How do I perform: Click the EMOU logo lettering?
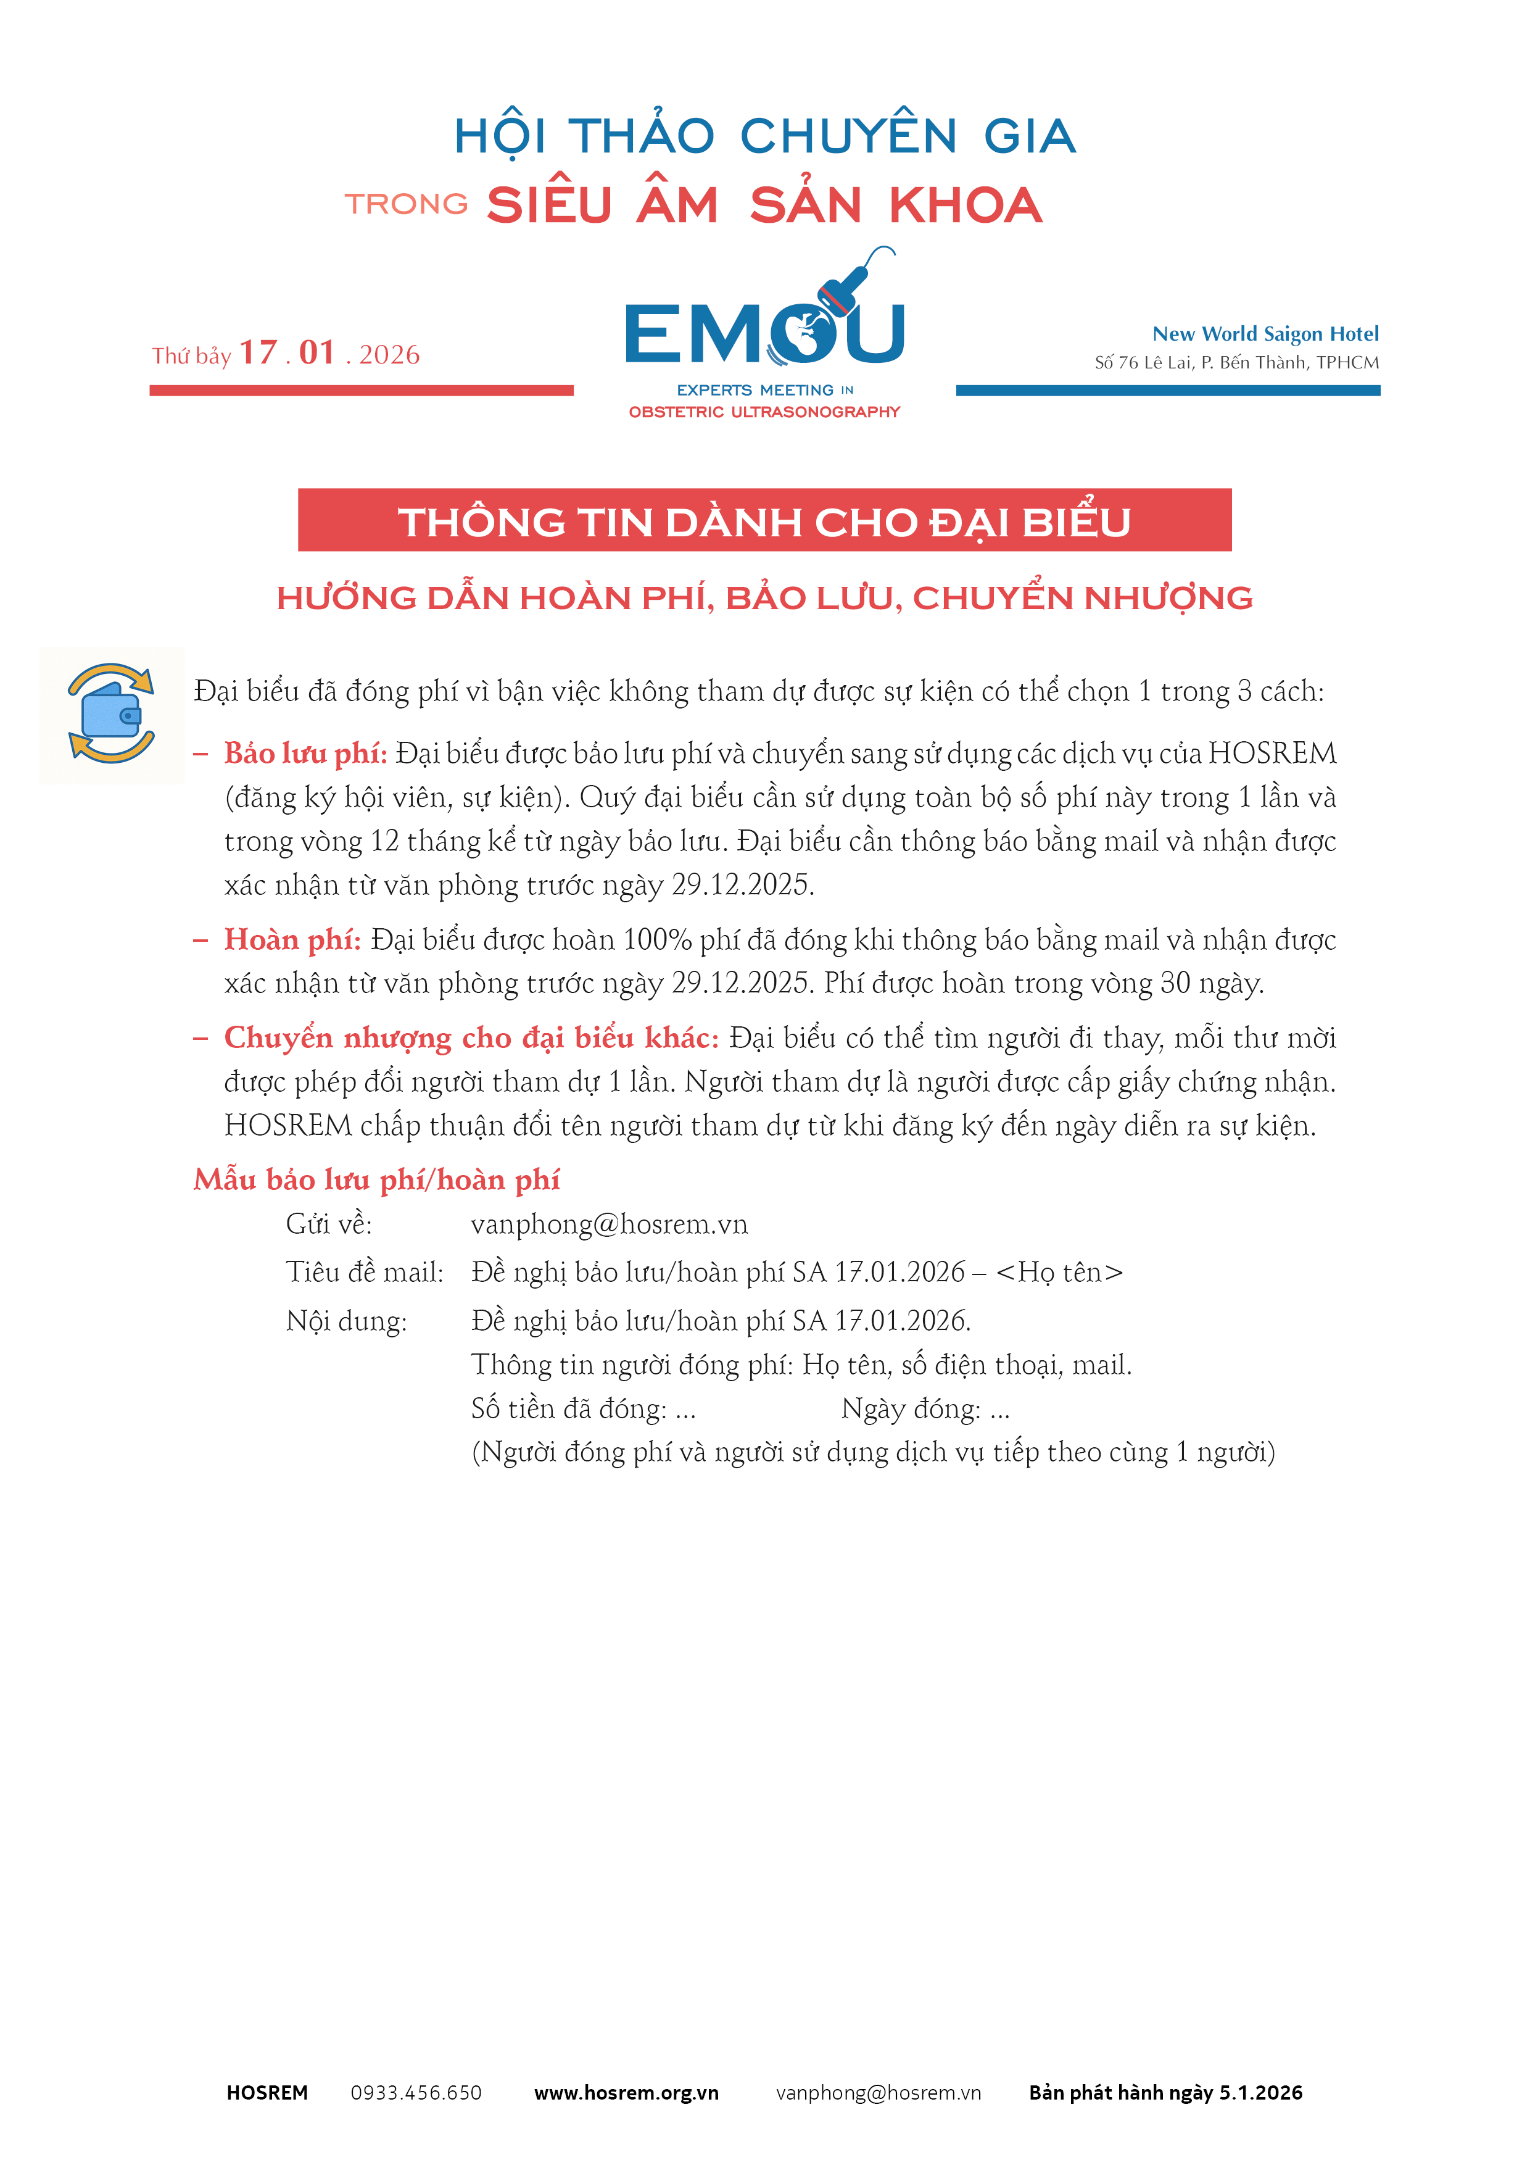pyautogui.click(x=764, y=333)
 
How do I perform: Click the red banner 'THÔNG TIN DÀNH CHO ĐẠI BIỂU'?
pyautogui.click(x=764, y=520)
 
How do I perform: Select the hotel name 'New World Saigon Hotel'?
pyautogui.click(x=1265, y=334)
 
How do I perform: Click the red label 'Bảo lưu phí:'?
pyautogui.click(x=305, y=754)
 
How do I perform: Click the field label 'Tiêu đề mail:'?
pyautogui.click(x=365, y=1273)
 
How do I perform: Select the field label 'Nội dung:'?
pyautogui.click(x=346, y=1321)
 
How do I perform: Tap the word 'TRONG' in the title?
pyautogui.click(x=407, y=204)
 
